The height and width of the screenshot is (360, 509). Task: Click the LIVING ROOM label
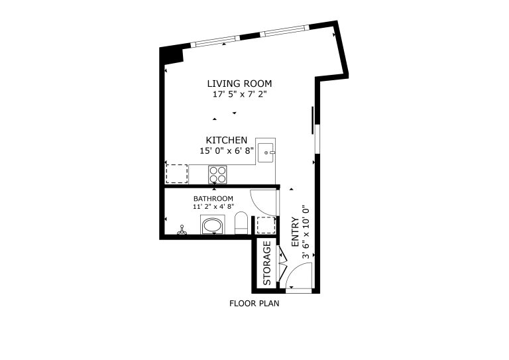click(239, 84)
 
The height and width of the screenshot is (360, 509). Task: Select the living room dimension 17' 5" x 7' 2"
click(239, 94)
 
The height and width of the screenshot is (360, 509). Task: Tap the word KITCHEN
click(227, 141)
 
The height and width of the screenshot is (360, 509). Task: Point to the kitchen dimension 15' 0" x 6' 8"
click(227, 150)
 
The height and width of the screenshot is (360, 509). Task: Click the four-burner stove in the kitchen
click(218, 174)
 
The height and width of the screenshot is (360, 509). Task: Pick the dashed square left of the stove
click(177, 174)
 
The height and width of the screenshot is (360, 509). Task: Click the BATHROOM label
click(213, 198)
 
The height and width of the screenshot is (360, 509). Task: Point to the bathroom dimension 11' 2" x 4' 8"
click(213, 206)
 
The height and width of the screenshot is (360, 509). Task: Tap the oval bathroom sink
click(213, 226)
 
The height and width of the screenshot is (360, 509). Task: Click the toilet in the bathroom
click(241, 223)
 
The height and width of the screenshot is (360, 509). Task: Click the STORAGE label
click(267, 263)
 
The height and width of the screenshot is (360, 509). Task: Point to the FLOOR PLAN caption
click(254, 304)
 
